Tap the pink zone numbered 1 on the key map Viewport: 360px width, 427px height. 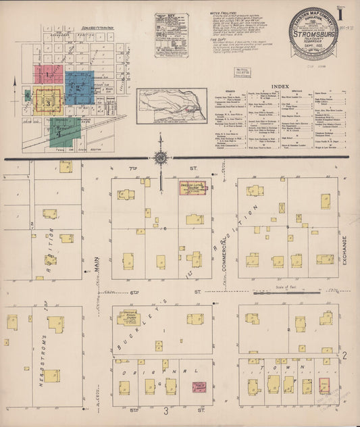[x=51, y=72]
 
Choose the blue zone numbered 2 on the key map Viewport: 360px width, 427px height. [x=79, y=87]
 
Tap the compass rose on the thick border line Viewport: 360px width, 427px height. [x=161, y=159]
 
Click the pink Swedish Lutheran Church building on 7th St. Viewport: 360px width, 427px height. [x=194, y=187]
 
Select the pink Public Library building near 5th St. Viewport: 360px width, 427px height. [x=199, y=388]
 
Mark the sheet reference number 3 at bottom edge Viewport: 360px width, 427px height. [x=164, y=410]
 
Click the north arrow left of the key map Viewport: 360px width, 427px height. [x=14, y=82]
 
